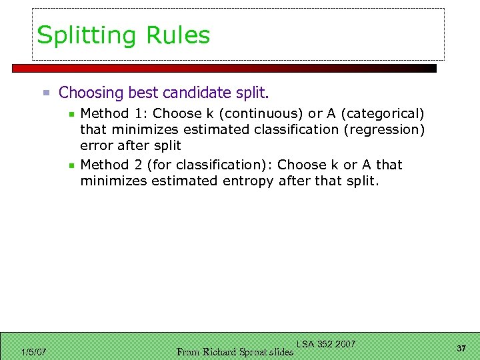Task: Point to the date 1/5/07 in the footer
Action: pyautogui.click(x=33, y=352)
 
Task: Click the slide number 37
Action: pyautogui.click(x=461, y=349)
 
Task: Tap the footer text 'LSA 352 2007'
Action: pyautogui.click(x=326, y=344)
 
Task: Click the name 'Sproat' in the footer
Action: pyautogui.click(x=253, y=352)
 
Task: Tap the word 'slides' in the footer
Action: pyautogui.click(x=281, y=352)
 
